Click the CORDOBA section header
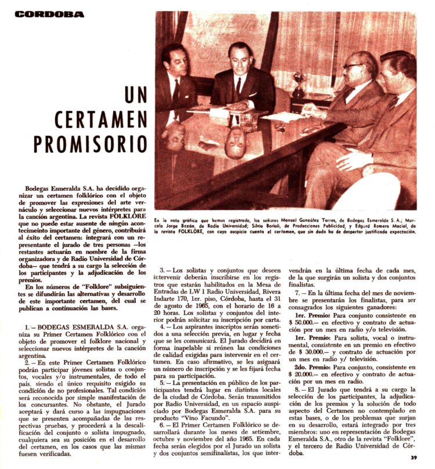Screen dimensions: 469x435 click(49, 14)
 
